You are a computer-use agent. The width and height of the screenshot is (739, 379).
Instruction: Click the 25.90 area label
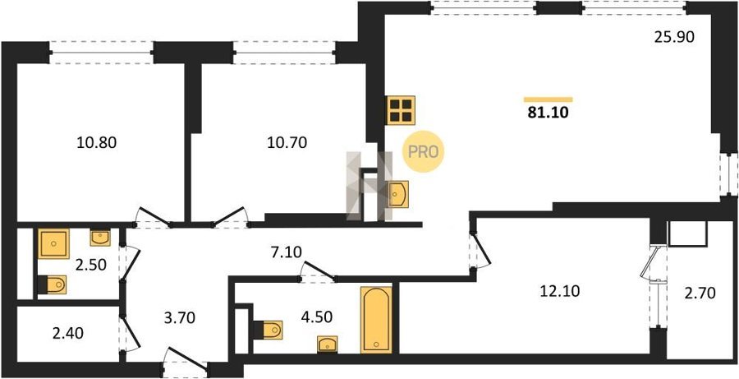coord(674,37)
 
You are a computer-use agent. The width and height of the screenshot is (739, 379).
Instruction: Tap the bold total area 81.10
coord(549,113)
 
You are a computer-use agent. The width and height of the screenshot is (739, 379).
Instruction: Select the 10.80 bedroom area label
coord(96,141)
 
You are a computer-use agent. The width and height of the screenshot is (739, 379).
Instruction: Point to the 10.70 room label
coord(287,141)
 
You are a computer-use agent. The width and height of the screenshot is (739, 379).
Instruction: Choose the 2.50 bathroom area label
coord(90,265)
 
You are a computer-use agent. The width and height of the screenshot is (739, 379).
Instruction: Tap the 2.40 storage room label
coord(67,334)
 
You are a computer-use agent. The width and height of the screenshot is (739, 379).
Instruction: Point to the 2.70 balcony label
coord(700,293)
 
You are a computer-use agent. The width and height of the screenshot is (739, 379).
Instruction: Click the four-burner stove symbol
coord(401,110)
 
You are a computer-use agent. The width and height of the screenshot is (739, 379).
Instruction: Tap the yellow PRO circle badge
coord(423,151)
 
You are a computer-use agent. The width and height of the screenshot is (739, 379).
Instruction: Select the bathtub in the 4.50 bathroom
coord(376,320)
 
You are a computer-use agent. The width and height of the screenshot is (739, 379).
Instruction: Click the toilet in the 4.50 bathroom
coord(269,330)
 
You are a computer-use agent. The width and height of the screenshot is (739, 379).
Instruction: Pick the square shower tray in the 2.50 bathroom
coord(53,243)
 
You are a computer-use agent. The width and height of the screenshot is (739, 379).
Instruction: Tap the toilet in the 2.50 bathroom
coord(52,285)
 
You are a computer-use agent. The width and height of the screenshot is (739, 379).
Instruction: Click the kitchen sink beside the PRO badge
coord(398,194)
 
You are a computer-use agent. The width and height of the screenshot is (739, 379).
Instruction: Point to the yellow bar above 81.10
coord(549,99)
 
